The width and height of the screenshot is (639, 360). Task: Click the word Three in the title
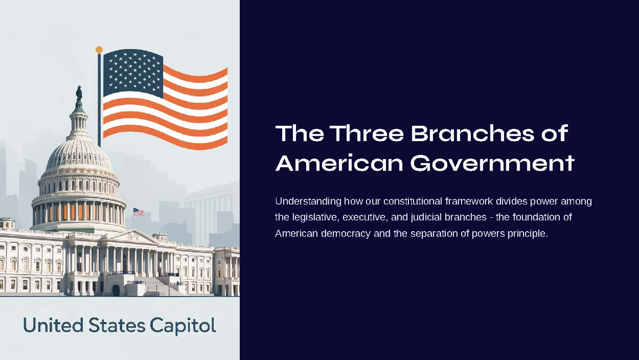(x=364, y=133)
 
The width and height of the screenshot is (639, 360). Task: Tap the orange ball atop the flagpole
(x=99, y=50)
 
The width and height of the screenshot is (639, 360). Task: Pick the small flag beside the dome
(x=138, y=212)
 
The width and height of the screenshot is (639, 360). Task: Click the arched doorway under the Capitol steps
(x=116, y=290)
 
